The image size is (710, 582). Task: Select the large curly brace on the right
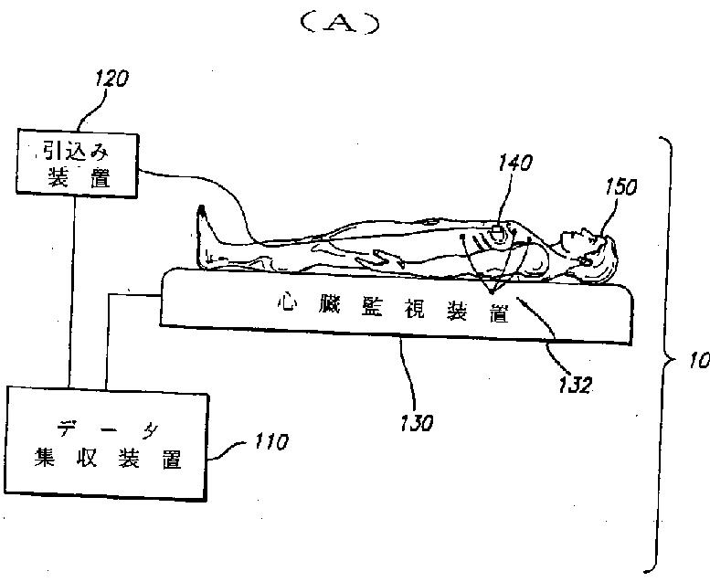pos(665,356)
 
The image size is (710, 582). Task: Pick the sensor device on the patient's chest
pos(498,232)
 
